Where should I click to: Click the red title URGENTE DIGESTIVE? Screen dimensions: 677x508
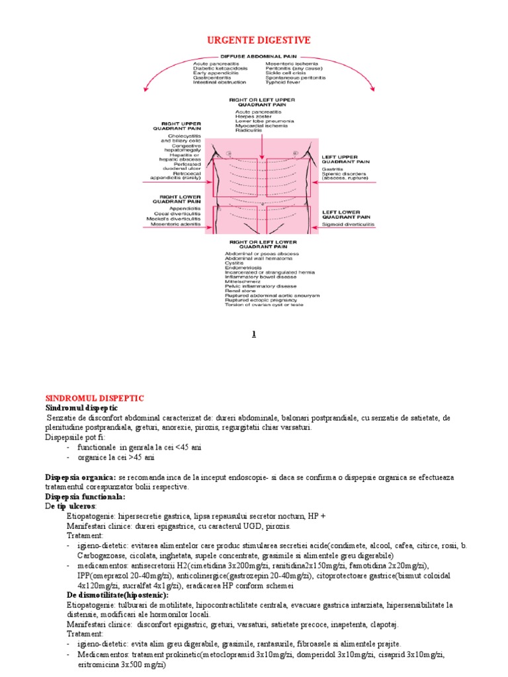point(254,41)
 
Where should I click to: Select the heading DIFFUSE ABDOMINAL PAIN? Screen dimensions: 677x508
point(253,57)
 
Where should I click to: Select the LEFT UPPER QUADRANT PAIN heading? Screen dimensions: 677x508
point(345,159)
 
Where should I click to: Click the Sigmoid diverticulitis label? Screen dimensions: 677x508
point(348,225)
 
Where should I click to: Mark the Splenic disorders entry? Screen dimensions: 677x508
point(342,173)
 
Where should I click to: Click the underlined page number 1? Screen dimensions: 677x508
point(253,335)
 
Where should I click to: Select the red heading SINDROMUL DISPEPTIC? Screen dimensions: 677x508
point(94,398)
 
